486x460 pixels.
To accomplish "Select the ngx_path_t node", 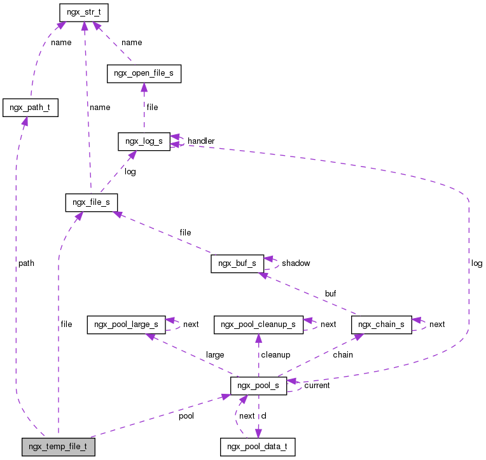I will pyautogui.click(x=31, y=108).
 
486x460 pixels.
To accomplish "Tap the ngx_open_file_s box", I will pyautogui.click(x=144, y=74).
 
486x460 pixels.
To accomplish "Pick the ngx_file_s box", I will pyautogui.click(x=91, y=203).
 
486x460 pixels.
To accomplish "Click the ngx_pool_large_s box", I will pyautogui.click(x=127, y=324).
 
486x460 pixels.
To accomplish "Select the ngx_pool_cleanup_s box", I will pyautogui.click(x=258, y=324).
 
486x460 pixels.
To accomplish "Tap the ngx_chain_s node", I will pyautogui.click(x=382, y=324).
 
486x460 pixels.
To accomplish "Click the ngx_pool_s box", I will pyautogui.click(x=258, y=386).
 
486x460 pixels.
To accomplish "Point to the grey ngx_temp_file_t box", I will pyautogui.click(x=58, y=447).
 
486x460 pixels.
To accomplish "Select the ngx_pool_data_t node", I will pyautogui.click(x=258, y=447).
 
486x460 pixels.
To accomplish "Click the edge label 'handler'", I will pyautogui.click(x=201, y=141).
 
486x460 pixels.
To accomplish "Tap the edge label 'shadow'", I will pyautogui.click(x=296, y=263).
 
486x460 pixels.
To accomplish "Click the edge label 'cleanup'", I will pyautogui.click(x=274, y=354).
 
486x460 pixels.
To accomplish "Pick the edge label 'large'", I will pyautogui.click(x=215, y=354).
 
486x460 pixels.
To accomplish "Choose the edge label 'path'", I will pyautogui.click(x=26, y=263).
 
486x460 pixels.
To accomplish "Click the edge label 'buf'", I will pyautogui.click(x=330, y=293).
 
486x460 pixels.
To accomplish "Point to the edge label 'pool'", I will pyautogui.click(x=186, y=415).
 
